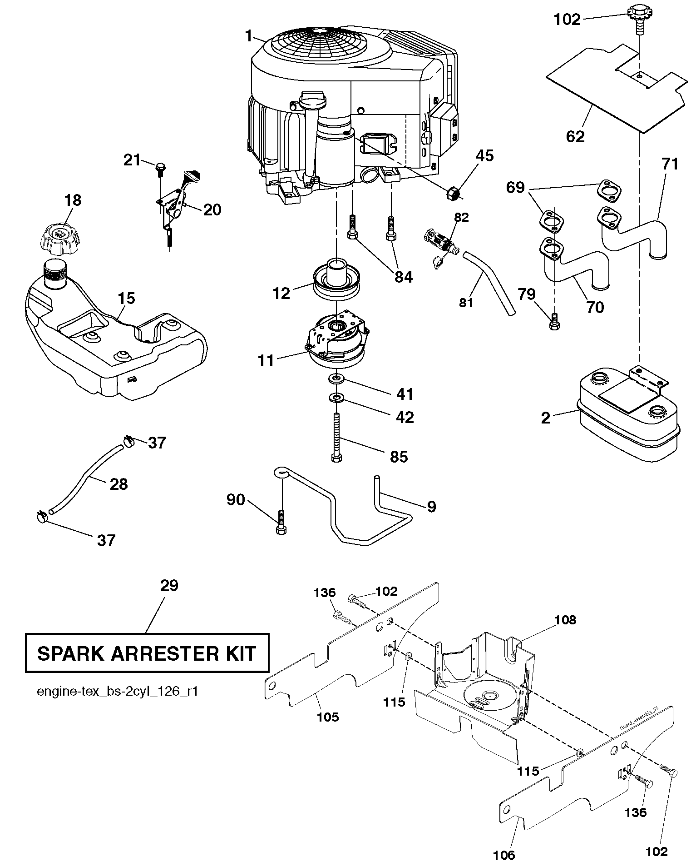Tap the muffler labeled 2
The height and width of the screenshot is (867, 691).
click(628, 418)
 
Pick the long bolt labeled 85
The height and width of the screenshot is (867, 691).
click(336, 436)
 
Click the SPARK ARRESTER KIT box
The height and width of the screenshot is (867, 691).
click(147, 653)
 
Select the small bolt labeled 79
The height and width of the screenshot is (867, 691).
click(554, 322)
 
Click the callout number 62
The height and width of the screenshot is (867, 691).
click(575, 136)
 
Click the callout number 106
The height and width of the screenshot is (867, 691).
click(504, 855)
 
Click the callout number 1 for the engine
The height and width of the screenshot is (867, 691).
click(248, 36)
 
